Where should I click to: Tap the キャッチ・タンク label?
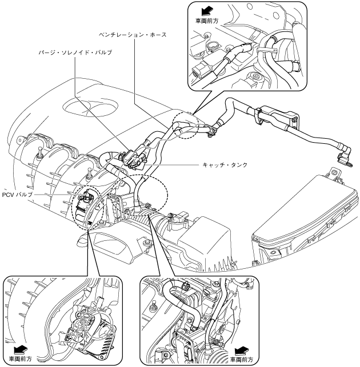tap(225, 166)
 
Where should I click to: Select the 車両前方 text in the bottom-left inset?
tap(21, 358)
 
